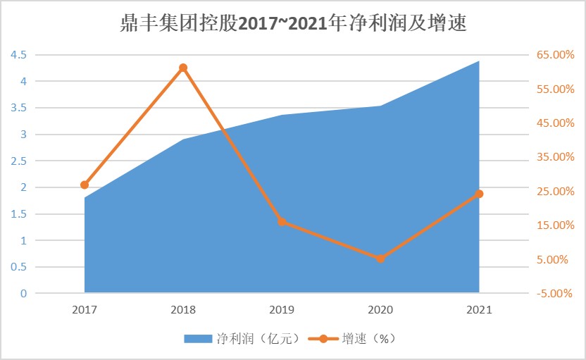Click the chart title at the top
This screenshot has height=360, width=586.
click(x=293, y=24)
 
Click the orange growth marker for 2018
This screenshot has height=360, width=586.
click(x=183, y=68)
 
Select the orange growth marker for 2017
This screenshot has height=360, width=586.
click(x=85, y=185)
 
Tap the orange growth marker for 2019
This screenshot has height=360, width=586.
click(x=282, y=221)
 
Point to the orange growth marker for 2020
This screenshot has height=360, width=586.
click(x=380, y=259)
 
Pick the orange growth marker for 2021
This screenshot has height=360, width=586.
click(x=479, y=194)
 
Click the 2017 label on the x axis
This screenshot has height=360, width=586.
click(x=85, y=309)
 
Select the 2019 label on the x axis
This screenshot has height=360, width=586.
click(x=282, y=309)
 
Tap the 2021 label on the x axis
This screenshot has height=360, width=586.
click(x=479, y=309)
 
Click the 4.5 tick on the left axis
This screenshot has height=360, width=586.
click(x=18, y=55)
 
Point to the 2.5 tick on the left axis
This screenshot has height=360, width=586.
click(x=18, y=161)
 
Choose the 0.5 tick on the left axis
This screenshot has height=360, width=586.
click(x=18, y=267)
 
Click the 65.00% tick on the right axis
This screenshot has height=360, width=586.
click(x=555, y=55)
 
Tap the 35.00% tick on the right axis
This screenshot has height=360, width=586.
click(x=555, y=157)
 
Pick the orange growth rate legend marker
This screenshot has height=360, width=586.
click(x=323, y=339)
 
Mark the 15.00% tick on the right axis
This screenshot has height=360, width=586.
click(x=555, y=225)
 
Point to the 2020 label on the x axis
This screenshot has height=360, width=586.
click(x=380, y=309)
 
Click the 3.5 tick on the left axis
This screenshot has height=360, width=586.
click(x=18, y=108)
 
